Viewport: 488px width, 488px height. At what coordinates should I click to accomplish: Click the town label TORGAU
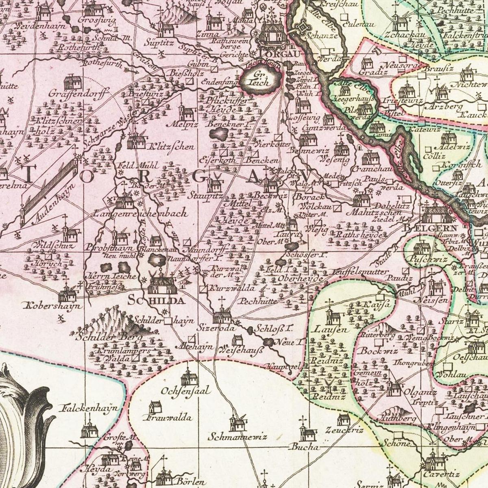click(276, 54)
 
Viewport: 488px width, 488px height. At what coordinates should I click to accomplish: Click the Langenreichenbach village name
click(140, 213)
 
